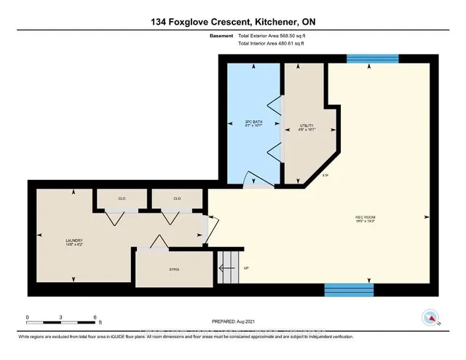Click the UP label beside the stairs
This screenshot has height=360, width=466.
246,268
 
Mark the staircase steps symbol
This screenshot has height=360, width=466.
229,268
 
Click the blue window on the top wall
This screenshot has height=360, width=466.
372,58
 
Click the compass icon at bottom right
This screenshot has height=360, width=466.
430,317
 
